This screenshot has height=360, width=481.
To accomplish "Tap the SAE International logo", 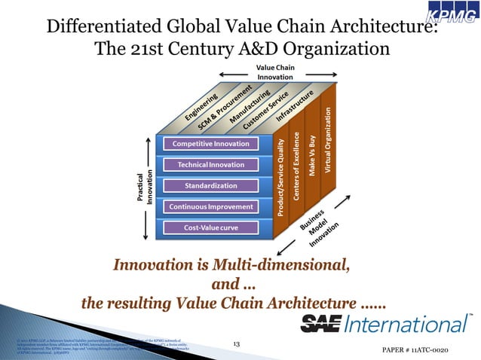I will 386,325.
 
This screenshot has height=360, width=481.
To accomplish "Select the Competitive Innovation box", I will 210,144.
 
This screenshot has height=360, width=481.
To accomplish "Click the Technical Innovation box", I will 210,164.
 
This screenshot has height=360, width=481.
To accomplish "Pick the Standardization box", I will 210,185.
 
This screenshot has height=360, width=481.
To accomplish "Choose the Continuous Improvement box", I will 210,206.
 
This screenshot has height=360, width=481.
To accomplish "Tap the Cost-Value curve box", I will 210,227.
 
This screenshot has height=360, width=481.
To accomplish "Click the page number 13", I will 236,344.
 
